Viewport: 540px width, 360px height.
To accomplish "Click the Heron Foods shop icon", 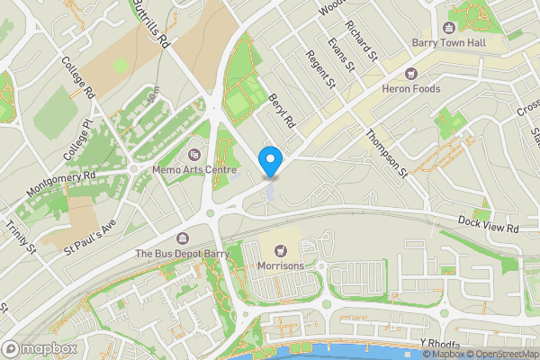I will [x=411, y=74].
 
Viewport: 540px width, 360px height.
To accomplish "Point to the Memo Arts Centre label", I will [x=194, y=169].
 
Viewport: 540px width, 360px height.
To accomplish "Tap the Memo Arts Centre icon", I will [x=195, y=155].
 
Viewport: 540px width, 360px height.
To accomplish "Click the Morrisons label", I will [x=279, y=266].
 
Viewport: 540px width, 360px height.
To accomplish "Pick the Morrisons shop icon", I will [x=279, y=251].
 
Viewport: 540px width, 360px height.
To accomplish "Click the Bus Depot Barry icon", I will [x=184, y=238].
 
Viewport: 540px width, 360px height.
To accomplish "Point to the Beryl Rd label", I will [x=283, y=109].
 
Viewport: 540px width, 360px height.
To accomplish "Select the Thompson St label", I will [x=387, y=151].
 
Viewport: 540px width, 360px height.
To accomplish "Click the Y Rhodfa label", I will [x=439, y=344].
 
